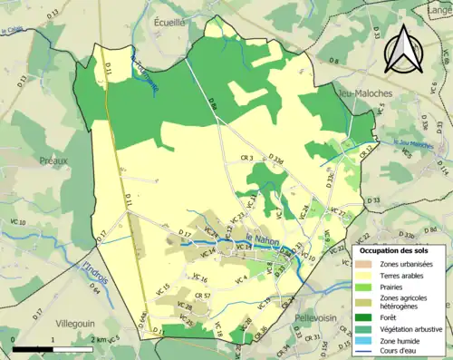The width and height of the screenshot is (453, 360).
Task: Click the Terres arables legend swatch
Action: pyautogui.click(x=370, y=276)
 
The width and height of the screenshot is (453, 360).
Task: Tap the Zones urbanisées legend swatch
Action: pyautogui.click(x=370, y=263)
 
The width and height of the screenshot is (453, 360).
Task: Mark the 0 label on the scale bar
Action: pyautogui.click(x=14, y=338)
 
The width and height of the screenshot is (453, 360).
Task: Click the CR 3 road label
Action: pyautogui.click(x=246, y=159)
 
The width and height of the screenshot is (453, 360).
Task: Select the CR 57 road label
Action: pyautogui.click(x=203, y=296)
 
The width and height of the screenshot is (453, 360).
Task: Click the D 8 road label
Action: pyautogui.click(x=333, y=61)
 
